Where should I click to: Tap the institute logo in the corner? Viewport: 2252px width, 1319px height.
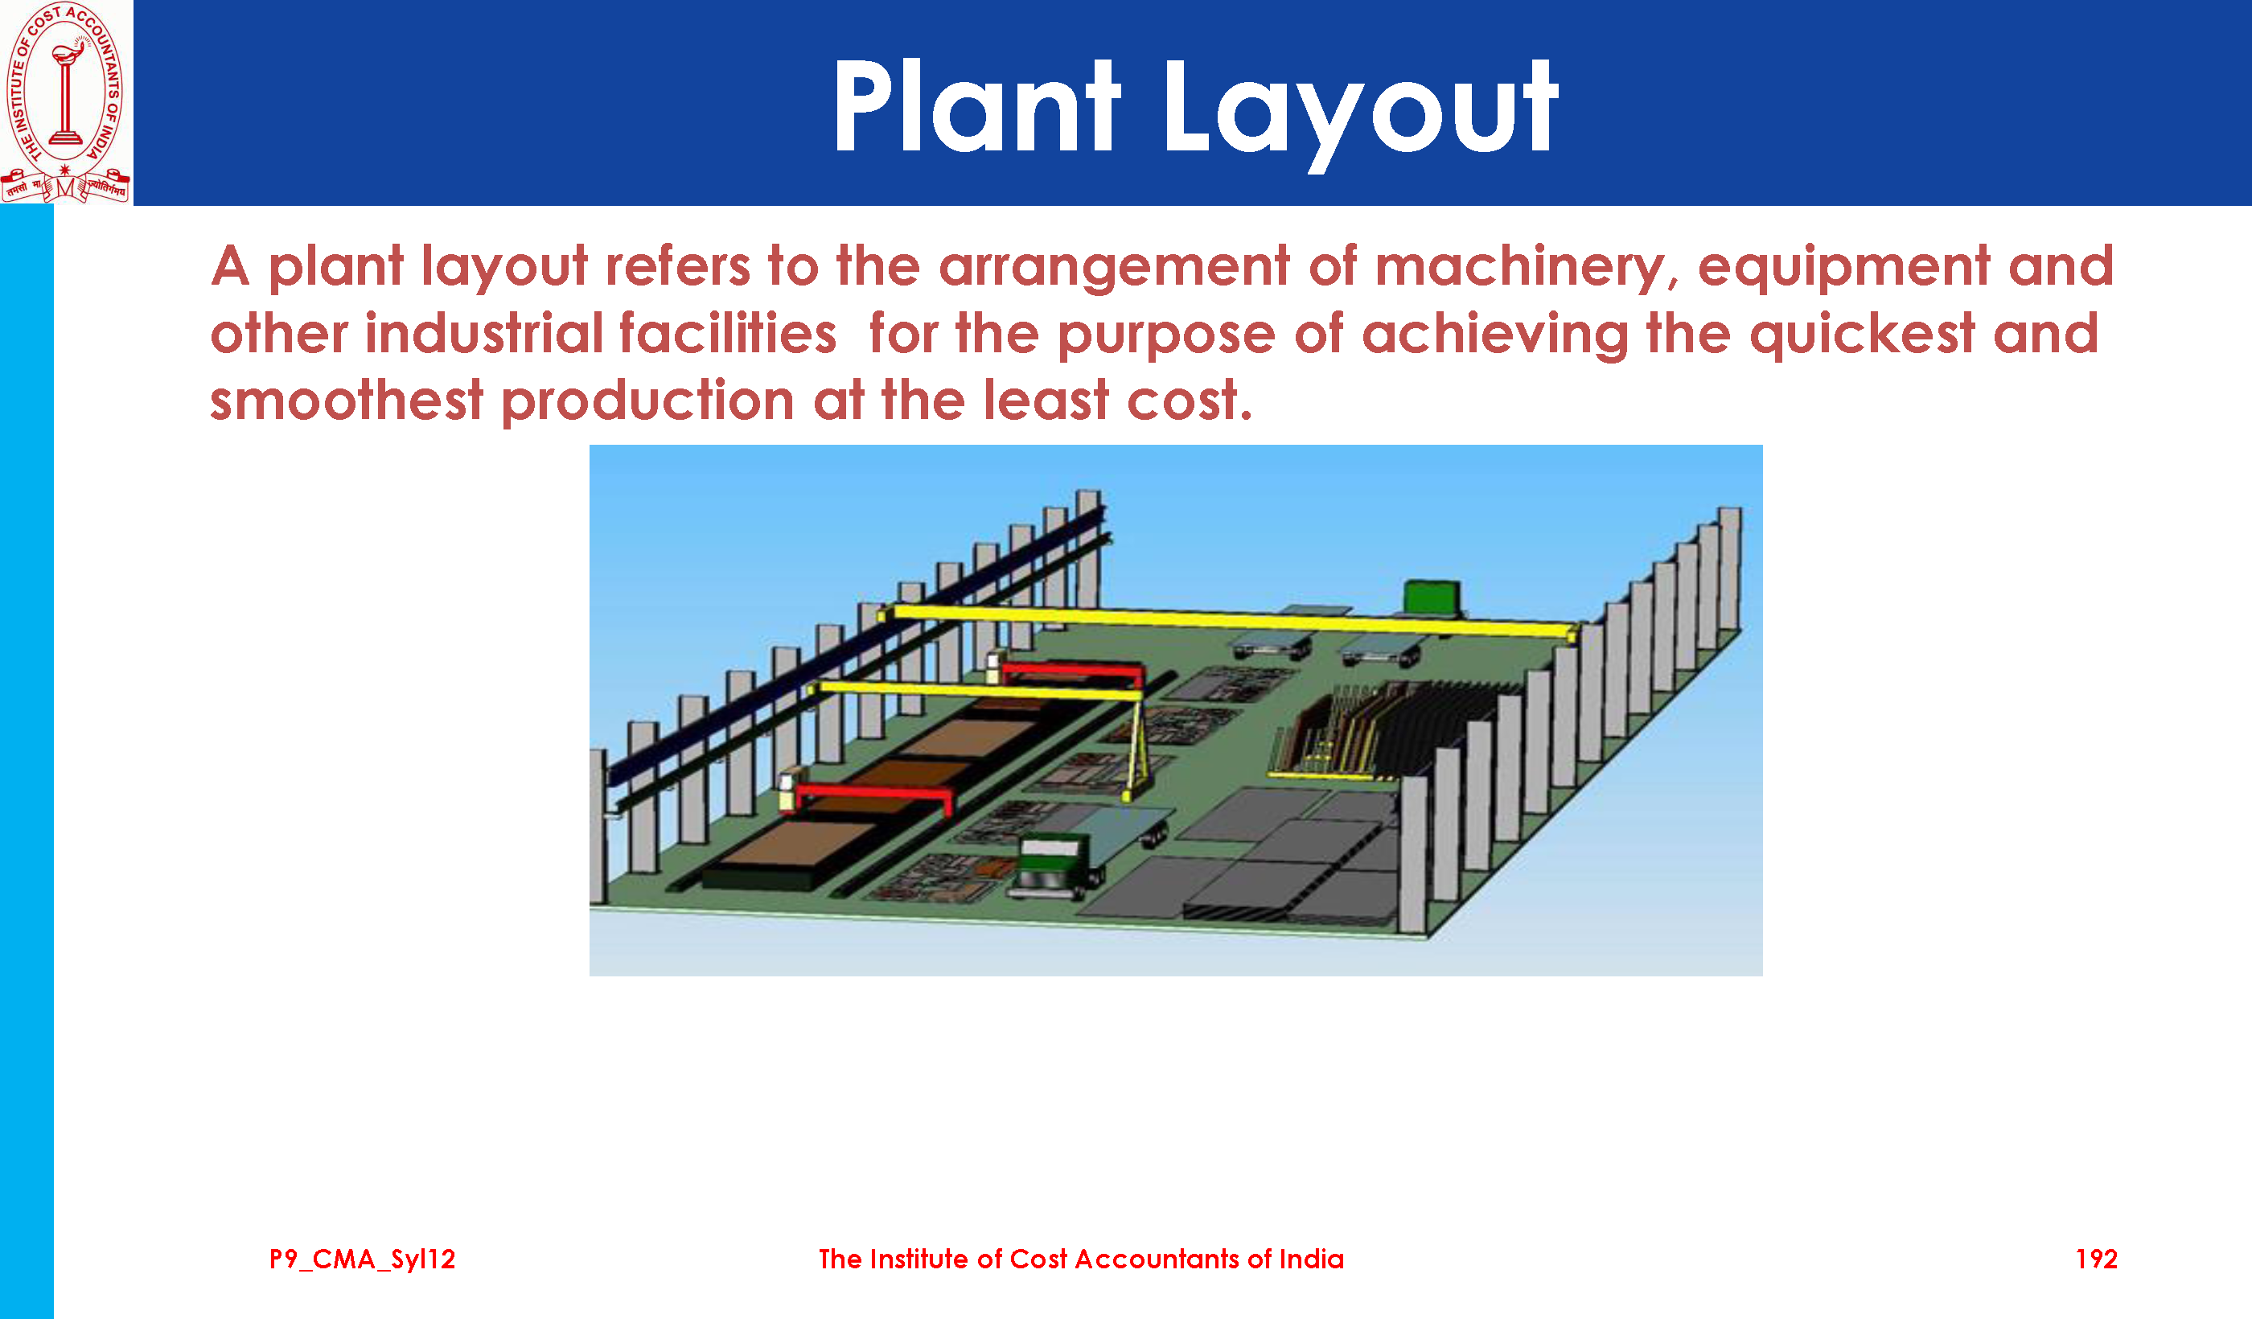pos(65,101)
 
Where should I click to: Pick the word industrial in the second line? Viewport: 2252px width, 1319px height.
pos(483,333)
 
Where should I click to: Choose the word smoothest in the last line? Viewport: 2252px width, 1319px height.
pos(346,400)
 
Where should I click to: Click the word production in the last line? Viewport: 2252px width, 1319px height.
pos(647,401)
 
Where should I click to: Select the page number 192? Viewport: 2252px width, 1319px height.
pos(2096,1259)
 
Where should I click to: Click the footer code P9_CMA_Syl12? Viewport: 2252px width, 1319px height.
pos(362,1260)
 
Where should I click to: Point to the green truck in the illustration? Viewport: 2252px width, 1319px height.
pos(1056,862)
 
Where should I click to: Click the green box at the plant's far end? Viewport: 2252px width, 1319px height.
pos(1432,596)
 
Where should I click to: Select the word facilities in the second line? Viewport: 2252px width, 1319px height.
pos(727,333)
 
